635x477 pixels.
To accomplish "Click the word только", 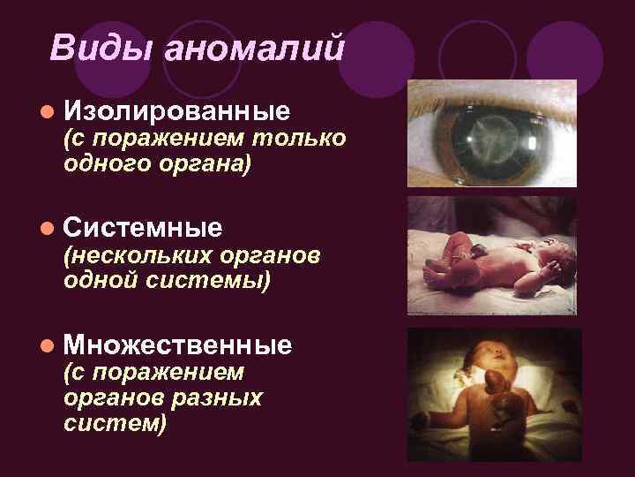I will coord(298,139).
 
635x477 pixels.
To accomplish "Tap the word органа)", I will coord(200,163).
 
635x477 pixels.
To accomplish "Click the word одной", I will coord(96,281).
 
